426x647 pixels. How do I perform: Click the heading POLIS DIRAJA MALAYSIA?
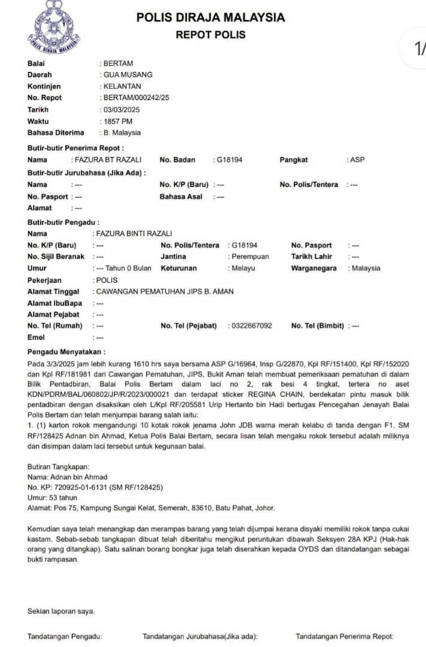tap(210, 17)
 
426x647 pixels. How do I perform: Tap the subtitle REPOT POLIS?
tap(210, 35)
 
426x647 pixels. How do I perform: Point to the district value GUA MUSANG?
tap(128, 75)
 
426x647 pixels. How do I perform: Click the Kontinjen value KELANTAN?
tap(122, 86)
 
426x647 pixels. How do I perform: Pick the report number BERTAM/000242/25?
tap(137, 98)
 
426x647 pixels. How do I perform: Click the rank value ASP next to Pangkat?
tap(357, 160)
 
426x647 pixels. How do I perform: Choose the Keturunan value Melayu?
tap(243, 268)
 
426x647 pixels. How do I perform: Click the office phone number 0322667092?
tap(252, 326)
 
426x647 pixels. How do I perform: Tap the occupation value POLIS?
tap(107, 280)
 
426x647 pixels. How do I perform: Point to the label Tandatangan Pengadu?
tap(65, 636)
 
